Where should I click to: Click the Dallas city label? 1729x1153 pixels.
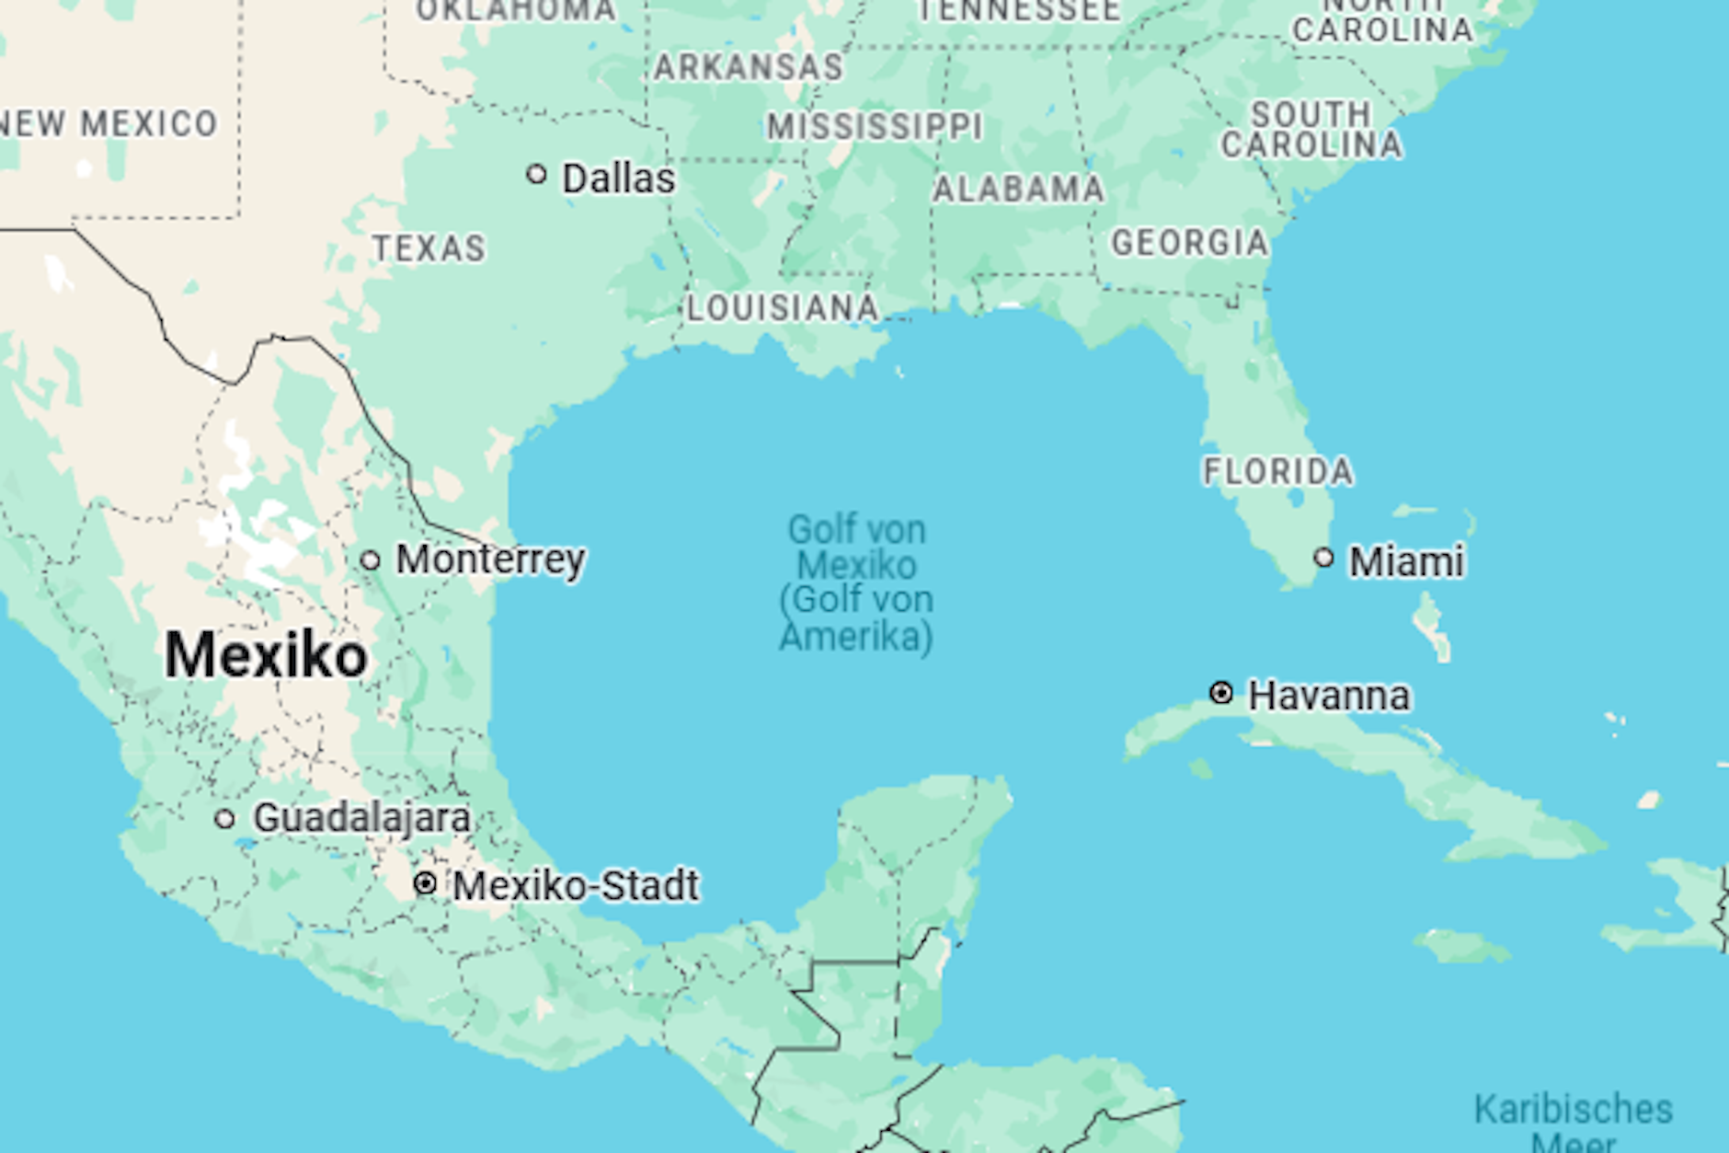coord(618,179)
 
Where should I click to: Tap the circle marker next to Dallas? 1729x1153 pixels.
coord(537,174)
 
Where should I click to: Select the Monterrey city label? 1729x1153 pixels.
coord(490,559)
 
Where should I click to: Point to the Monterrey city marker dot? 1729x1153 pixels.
coord(370,560)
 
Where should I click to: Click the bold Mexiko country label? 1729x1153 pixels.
coord(266,655)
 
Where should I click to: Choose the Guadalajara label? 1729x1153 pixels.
coord(361,818)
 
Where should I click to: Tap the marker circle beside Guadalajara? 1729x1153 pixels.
coord(224,819)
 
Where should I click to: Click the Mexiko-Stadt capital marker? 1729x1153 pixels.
coord(425,884)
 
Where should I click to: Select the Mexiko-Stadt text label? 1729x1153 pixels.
coord(576,886)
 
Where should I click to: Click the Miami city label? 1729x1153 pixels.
coord(1406,561)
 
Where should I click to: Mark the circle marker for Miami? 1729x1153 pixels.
coord(1323,558)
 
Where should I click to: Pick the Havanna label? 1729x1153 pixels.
coord(1328,696)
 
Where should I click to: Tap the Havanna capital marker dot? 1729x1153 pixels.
coord(1221,693)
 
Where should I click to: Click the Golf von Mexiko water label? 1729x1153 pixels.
coord(856,582)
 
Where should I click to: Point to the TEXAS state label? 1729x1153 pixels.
coord(429,248)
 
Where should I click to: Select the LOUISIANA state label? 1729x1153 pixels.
coord(783,308)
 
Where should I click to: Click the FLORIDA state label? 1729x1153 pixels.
coord(1278,472)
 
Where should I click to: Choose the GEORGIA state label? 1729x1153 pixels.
coord(1190,243)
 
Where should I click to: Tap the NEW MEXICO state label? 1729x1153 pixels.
coord(109,123)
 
